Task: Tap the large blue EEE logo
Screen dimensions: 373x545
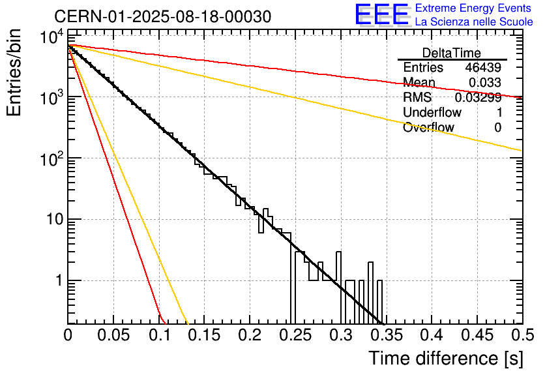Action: pos(381,15)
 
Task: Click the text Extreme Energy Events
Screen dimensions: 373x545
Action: pos(473,8)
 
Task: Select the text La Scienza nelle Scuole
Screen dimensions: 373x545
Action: pos(474,22)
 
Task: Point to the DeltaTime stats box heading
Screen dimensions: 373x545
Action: pos(452,53)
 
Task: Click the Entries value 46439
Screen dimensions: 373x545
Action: pos(483,68)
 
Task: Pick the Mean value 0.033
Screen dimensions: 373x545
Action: pos(485,83)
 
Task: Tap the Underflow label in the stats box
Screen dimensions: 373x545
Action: pos(432,113)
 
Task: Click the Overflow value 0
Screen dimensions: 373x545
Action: pos(497,128)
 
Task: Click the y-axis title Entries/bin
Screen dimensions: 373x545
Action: pos(14,74)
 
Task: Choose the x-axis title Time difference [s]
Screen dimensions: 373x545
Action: pos(445,358)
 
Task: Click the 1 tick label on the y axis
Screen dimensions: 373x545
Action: pos(59,281)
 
